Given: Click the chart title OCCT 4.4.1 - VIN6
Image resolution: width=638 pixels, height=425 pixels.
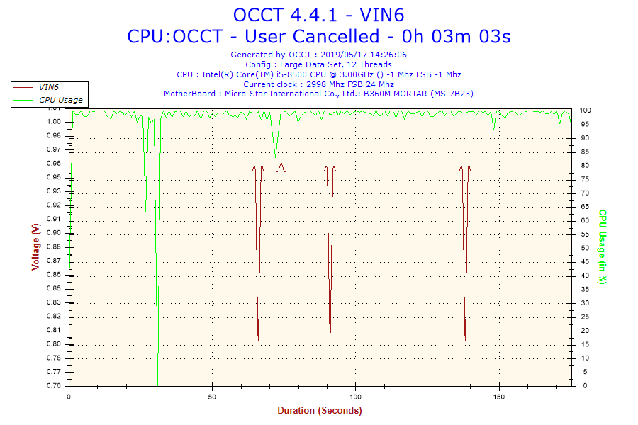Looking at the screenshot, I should pos(318,14).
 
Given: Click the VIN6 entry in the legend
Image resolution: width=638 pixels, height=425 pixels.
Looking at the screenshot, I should pos(49,87).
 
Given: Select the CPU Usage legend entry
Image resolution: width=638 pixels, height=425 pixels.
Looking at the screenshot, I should pos(60,100).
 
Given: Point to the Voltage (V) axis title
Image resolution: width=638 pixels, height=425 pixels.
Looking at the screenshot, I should pos(35,246).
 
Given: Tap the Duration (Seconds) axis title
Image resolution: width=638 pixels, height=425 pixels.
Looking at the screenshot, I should pos(319,411).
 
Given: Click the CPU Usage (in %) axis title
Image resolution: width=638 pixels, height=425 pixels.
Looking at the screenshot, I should pos(602,246).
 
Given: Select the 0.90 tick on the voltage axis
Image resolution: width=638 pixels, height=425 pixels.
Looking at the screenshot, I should pos(55,233).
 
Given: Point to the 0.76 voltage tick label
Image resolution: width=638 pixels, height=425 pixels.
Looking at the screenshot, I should pos(55,386).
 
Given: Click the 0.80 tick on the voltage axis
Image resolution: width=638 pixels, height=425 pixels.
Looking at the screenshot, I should pos(55,344).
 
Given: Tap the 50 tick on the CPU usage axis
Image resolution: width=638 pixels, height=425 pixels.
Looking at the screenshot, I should pos(586,248).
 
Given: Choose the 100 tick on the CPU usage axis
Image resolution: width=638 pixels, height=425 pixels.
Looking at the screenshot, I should pos(586,110).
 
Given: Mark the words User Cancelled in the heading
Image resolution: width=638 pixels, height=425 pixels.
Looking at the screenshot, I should pos(325,36).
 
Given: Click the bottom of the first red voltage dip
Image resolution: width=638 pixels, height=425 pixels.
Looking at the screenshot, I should pos(258,340).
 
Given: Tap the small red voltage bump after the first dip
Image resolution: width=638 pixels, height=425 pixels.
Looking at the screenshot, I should pos(281,164).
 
